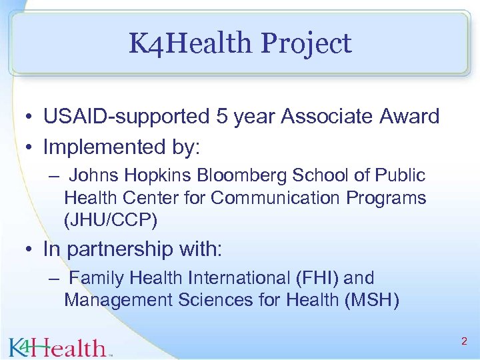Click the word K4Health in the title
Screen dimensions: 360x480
pyautogui.click(x=191, y=44)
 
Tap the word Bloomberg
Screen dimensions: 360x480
pyautogui.click(x=234, y=175)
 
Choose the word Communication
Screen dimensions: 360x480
pyautogui.click(x=265, y=198)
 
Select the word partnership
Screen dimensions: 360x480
pyautogui.click(x=119, y=249)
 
